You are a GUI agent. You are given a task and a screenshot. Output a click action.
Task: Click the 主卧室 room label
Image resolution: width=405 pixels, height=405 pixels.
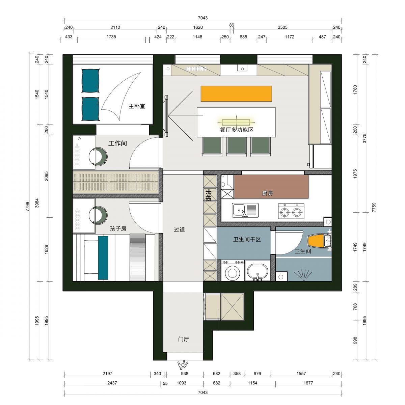(137, 106)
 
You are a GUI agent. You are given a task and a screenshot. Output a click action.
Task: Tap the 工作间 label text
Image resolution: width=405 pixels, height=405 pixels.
(117, 143)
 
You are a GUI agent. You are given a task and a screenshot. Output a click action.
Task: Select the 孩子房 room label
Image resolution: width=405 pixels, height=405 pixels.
(118, 228)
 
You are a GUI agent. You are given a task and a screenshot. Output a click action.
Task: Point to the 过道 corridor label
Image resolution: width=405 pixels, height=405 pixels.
(179, 230)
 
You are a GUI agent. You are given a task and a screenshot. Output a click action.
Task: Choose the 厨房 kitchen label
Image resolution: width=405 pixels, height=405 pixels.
(267, 193)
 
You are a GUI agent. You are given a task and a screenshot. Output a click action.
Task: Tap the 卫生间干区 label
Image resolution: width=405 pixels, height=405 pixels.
(247, 239)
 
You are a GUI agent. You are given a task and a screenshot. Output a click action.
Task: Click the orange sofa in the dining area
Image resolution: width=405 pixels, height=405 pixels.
(236, 93)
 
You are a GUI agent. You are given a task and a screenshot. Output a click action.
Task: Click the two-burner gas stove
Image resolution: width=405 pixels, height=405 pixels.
(291, 211)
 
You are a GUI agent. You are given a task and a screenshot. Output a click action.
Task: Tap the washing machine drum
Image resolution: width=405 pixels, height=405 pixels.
(233, 273)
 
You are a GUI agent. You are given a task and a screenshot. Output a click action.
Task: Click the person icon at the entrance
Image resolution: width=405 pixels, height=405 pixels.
(183, 365)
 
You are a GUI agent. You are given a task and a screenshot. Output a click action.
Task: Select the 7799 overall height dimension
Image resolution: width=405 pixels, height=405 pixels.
(28, 207)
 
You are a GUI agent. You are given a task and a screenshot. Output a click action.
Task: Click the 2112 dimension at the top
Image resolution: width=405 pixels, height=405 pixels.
(115, 27)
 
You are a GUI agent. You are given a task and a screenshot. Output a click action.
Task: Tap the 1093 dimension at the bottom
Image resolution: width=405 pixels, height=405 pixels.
(181, 383)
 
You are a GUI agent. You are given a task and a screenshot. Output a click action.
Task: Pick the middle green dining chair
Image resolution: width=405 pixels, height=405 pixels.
(236, 146)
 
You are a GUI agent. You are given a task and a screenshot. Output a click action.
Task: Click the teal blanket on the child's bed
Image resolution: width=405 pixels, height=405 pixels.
(103, 258)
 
